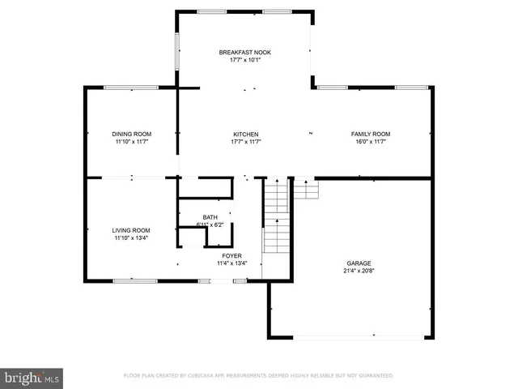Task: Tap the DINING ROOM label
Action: pos(131,134)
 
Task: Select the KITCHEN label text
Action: pos(245,134)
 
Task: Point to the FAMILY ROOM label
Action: pos(370,134)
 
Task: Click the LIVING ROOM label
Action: pos(131,230)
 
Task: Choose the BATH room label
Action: pos(210,217)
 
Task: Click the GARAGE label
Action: pos(359,263)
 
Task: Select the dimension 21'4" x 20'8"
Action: pos(359,271)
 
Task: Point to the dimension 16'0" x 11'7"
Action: pos(370,141)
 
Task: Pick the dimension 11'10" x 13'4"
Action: pos(131,238)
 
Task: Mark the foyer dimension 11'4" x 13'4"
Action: pos(231,263)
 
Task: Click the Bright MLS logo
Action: pos(32,378)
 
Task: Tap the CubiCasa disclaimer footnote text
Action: pos(258,376)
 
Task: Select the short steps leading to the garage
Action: pos(305,189)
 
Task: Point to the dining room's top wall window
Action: pos(130,88)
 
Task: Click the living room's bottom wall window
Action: pos(135,281)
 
